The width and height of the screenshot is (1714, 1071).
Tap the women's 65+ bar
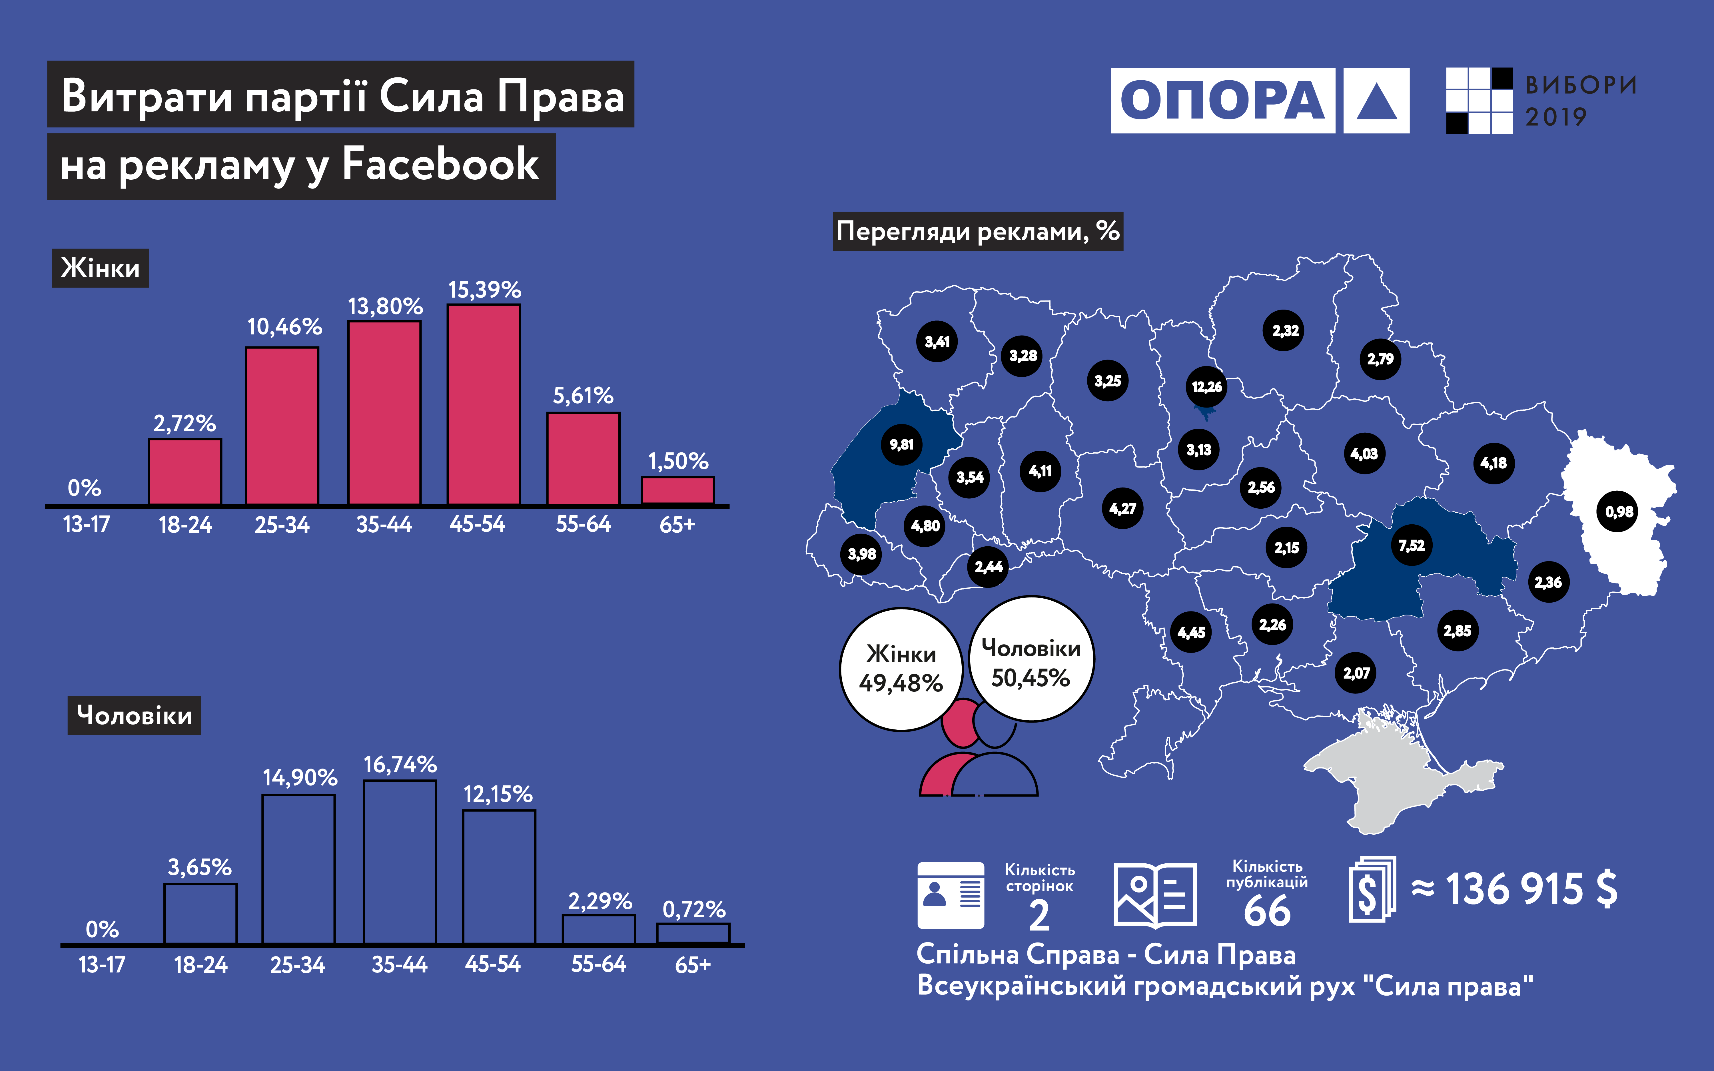(678, 491)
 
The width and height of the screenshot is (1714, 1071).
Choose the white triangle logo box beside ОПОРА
(1376, 101)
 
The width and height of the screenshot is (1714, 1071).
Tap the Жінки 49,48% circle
(901, 669)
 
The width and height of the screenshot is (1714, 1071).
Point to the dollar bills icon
(1372, 890)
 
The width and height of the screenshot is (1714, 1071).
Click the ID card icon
(951, 895)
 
